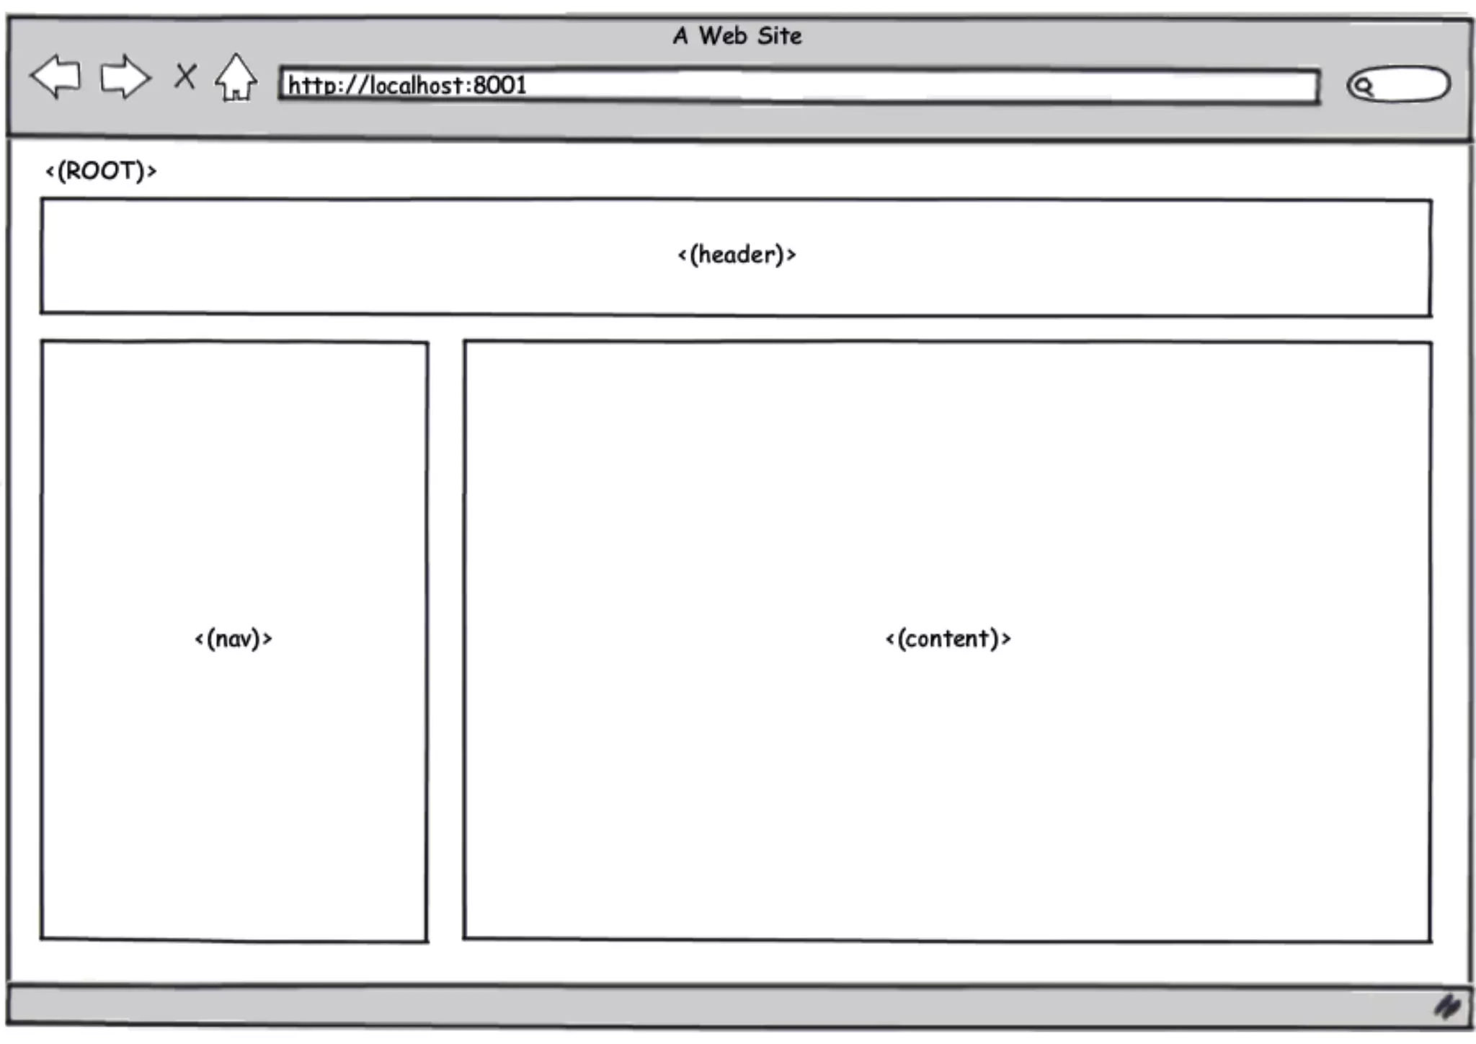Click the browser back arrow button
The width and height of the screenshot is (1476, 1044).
tap(55, 76)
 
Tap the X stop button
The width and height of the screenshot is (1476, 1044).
tap(185, 76)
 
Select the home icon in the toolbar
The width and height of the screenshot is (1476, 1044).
tap(236, 77)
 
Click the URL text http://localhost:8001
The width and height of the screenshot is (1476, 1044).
tap(407, 86)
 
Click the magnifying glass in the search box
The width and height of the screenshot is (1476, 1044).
tap(1363, 87)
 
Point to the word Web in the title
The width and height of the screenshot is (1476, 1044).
tap(722, 36)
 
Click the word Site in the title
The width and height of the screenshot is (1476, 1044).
tap(780, 36)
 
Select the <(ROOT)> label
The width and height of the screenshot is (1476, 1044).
tap(101, 172)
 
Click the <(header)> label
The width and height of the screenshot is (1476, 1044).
tap(737, 255)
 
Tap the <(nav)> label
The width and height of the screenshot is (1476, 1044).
tap(234, 639)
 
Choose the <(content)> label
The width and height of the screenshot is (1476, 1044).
tap(948, 639)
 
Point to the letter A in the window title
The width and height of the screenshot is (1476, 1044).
tap(680, 36)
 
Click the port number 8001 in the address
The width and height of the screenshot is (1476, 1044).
tap(499, 86)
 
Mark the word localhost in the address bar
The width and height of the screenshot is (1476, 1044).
tap(417, 86)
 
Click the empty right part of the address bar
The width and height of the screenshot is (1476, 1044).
tap(1009, 87)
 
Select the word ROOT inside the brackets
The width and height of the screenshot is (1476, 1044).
tap(101, 172)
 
